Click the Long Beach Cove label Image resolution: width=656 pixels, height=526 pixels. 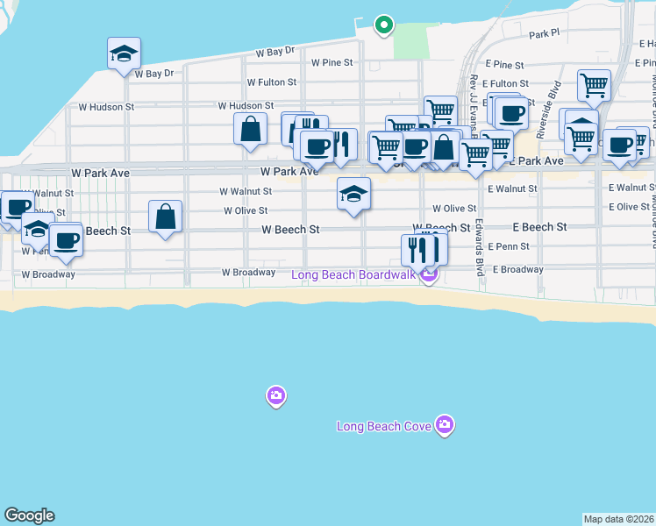click(x=384, y=427)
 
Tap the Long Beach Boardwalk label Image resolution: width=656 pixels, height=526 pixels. click(x=355, y=276)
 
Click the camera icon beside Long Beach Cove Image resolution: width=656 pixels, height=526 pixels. click(x=446, y=425)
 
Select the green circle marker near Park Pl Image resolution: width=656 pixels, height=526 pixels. click(x=383, y=25)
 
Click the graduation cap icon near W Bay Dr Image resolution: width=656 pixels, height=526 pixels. click(x=125, y=53)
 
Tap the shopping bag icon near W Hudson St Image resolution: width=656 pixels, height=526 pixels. click(x=251, y=129)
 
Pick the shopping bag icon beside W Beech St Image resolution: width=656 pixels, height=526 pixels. click(x=165, y=217)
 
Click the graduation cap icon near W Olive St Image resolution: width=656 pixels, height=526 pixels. click(x=353, y=194)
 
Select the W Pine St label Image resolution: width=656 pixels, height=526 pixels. click(x=332, y=62)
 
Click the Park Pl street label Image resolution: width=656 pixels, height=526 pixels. click(x=544, y=34)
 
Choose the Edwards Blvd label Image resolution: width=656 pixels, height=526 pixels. click(x=481, y=247)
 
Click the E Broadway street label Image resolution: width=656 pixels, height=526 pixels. click(x=517, y=269)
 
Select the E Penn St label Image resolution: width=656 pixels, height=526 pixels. click(x=508, y=247)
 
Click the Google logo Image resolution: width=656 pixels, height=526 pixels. click(x=29, y=515)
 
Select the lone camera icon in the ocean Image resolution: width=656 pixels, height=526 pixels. click(x=276, y=397)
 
